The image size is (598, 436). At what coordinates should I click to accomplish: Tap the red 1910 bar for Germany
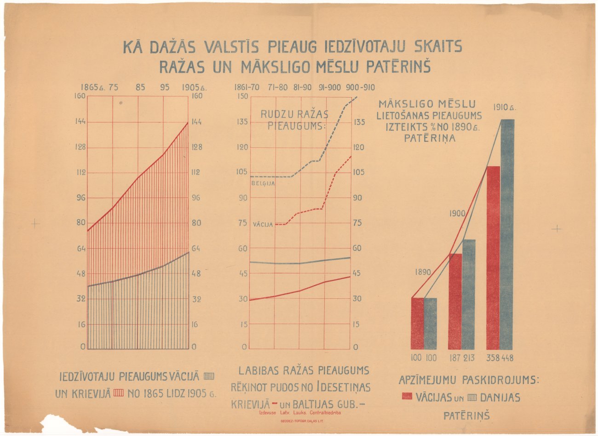click(493, 258)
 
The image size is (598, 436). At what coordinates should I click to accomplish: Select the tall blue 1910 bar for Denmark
click(506, 235)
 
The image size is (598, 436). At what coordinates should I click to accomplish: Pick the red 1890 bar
click(417, 324)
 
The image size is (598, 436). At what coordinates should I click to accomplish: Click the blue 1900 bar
click(469, 295)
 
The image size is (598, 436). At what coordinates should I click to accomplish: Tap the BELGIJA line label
click(263, 183)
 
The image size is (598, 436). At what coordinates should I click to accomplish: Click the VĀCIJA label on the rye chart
click(263, 225)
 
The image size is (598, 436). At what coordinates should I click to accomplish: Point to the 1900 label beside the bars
click(457, 214)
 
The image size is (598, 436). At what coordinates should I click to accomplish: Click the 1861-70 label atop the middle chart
click(247, 87)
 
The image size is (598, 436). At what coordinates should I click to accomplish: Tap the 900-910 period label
click(361, 87)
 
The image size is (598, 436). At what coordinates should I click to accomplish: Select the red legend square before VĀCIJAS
click(407, 396)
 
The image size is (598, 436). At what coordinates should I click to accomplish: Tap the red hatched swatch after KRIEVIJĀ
click(119, 394)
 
